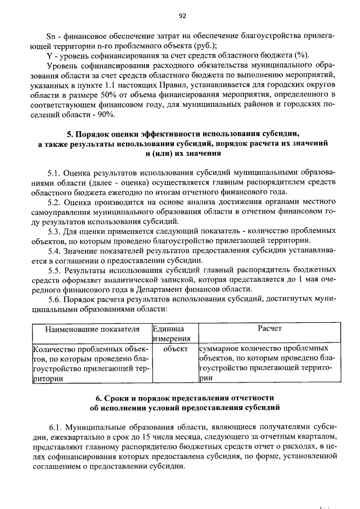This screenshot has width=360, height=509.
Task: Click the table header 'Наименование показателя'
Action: [x=92, y=328]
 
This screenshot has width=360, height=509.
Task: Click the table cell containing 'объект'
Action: [x=175, y=349]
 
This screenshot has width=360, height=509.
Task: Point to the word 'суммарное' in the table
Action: [x=220, y=349]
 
